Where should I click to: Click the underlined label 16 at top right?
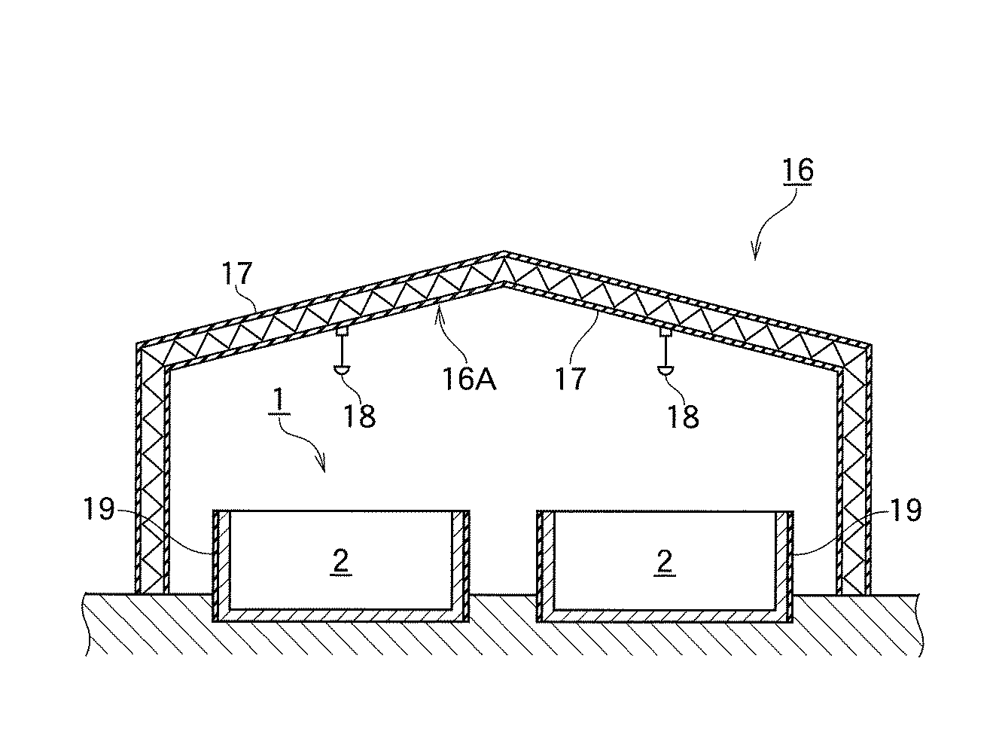coord(798,171)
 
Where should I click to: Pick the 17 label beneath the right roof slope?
coord(571,377)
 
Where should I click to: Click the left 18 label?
coord(360,415)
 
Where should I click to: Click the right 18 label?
coord(682,415)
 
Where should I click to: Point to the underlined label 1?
coord(278,401)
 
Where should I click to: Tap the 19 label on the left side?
coord(99,511)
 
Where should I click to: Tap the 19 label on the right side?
coord(906,511)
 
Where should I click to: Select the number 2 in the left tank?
coord(341,561)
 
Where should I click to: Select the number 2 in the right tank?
coord(664,561)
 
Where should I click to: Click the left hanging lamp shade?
coord(343,370)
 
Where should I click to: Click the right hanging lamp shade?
coord(666,370)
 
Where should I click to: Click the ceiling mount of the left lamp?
coord(343,331)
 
